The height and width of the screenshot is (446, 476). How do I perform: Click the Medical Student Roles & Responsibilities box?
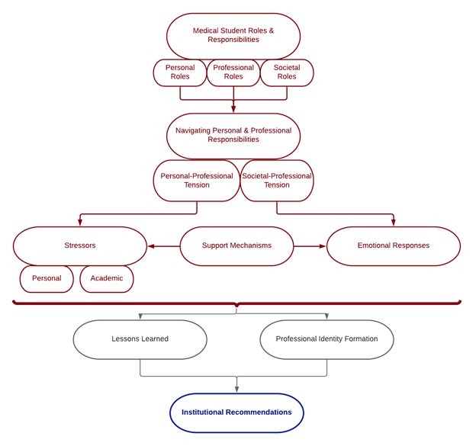(x=233, y=36)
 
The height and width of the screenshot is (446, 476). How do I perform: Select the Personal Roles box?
(x=180, y=73)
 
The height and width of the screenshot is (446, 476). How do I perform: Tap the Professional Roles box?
(x=233, y=73)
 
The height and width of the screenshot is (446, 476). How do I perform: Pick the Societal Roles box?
(x=287, y=73)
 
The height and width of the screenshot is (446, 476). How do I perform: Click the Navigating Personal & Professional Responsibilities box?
(x=233, y=136)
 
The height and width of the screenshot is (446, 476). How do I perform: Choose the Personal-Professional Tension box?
(x=196, y=181)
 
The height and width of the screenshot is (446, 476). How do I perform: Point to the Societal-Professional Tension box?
(x=277, y=181)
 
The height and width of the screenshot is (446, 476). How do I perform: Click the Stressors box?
(x=80, y=246)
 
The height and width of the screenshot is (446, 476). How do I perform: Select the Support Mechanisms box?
(x=236, y=246)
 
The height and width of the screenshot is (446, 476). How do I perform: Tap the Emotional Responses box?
(x=394, y=246)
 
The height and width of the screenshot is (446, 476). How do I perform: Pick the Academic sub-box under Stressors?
(x=107, y=279)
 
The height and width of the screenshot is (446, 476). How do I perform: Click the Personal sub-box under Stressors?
(x=47, y=279)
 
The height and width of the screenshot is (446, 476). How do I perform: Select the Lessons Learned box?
(x=140, y=339)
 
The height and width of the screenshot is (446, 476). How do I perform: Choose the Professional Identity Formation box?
(x=326, y=339)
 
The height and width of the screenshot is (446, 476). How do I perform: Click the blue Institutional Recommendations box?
(x=236, y=413)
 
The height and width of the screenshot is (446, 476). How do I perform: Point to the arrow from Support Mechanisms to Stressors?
(x=163, y=246)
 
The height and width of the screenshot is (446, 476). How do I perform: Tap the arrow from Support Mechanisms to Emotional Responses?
(x=310, y=246)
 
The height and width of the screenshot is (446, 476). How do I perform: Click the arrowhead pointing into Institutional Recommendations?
(x=236, y=389)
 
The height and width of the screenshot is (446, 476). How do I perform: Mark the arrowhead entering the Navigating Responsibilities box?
(x=233, y=109)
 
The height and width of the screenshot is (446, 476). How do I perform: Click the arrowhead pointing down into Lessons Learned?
(x=140, y=316)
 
